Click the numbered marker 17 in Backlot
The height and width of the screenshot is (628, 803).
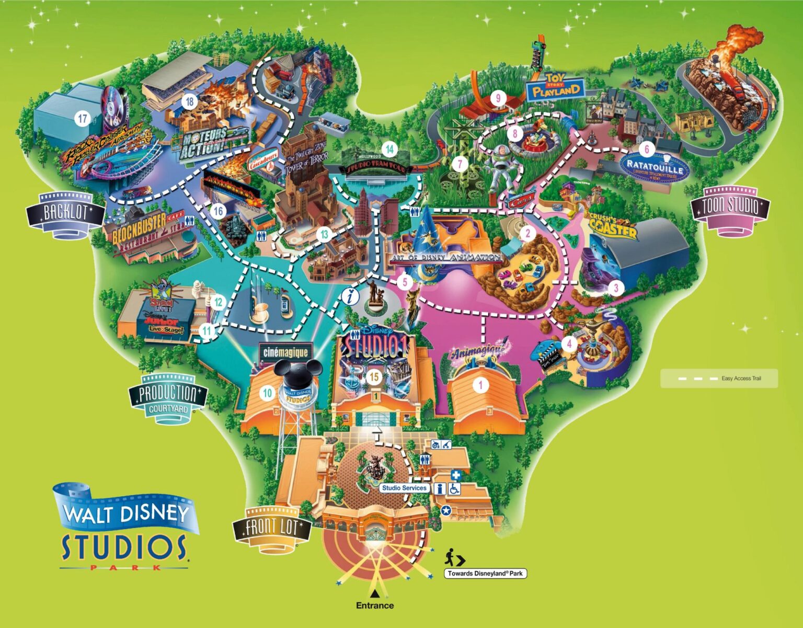coord(83,119)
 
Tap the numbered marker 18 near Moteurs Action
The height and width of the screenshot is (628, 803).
coord(189,101)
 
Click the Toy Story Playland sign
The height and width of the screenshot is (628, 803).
coord(555,88)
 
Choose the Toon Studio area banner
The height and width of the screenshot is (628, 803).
coord(730,207)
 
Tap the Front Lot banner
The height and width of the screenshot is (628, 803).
coord(272,528)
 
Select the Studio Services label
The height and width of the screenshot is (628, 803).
coord(404,488)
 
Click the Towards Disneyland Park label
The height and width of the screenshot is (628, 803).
coord(485,574)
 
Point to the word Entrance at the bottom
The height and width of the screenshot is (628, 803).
coord(375,606)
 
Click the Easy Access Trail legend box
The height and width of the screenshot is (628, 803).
coord(719,378)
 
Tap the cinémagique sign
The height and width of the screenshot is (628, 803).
coord(285,352)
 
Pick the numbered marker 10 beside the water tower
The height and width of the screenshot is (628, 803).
coord(268,393)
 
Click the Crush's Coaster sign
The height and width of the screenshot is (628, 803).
coord(613,225)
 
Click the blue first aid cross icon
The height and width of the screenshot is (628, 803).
coord(456,476)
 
